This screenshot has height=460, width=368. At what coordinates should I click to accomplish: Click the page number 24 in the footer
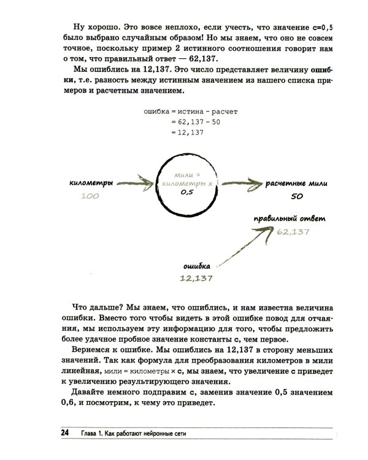64,433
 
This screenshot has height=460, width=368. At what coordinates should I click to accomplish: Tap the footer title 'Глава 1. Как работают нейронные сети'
140,434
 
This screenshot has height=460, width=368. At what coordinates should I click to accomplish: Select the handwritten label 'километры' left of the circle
92,183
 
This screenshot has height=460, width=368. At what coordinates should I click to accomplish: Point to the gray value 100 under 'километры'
90,196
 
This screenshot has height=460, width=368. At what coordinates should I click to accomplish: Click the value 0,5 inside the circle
187,192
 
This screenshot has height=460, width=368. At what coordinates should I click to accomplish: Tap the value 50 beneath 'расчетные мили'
297,196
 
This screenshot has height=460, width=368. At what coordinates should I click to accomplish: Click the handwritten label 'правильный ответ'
291,219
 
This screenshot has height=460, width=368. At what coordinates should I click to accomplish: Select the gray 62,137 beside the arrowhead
293,232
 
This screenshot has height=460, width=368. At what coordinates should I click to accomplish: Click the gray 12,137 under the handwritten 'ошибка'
196,278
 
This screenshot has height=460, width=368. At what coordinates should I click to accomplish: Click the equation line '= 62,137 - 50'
194,122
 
